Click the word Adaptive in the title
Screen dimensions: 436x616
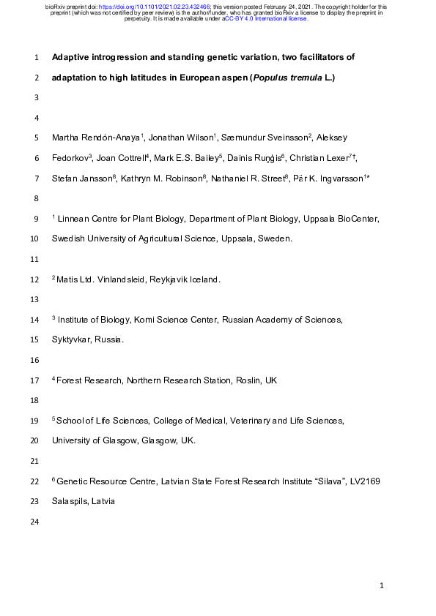[x=72, y=57]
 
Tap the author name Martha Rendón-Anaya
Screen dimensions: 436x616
[x=96, y=138]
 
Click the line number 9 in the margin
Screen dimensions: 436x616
[x=37, y=219]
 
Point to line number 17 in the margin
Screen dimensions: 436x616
[x=35, y=380]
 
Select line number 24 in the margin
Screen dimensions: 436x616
[x=35, y=522]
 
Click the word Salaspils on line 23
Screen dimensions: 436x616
[x=70, y=502]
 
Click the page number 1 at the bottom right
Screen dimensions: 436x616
[x=382, y=586]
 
